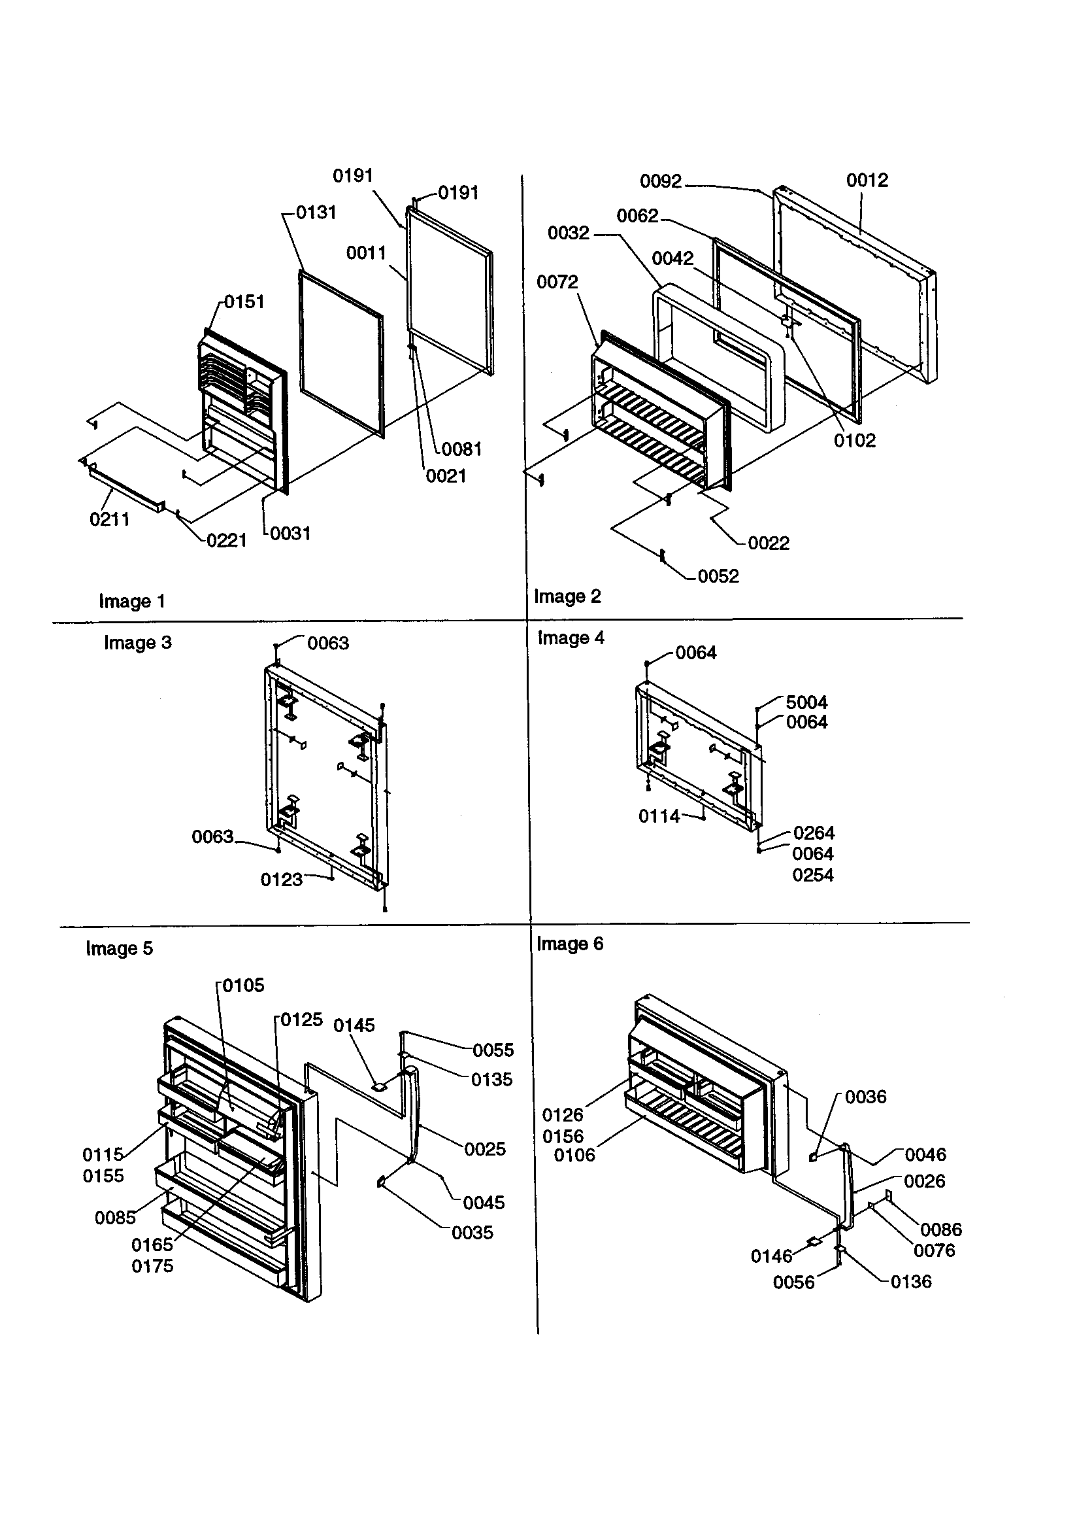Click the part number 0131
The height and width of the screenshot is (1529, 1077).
click(316, 213)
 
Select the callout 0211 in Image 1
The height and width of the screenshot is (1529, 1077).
click(109, 519)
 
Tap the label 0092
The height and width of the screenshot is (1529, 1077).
click(660, 181)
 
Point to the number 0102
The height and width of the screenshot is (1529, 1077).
click(855, 441)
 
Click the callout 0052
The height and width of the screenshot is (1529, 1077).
click(718, 576)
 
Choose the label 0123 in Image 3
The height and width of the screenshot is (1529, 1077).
click(281, 880)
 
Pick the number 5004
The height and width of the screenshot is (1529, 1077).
click(806, 702)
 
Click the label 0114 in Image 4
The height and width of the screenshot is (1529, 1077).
click(659, 816)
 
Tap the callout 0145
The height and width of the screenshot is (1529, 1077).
click(354, 1025)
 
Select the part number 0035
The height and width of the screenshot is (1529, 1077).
click(472, 1233)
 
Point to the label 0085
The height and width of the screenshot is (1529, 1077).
click(115, 1218)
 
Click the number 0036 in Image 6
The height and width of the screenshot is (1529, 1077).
click(865, 1097)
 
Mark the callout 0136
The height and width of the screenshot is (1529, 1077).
click(910, 1282)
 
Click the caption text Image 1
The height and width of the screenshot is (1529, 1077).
click(132, 602)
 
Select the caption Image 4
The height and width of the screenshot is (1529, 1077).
click(571, 638)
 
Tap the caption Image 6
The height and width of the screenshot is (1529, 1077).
click(570, 944)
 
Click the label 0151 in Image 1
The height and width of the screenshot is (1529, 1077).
click(244, 301)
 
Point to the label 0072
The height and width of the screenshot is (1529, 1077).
click(557, 283)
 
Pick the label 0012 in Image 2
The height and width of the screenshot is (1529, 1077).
click(867, 180)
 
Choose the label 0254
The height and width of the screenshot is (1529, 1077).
click(813, 875)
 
